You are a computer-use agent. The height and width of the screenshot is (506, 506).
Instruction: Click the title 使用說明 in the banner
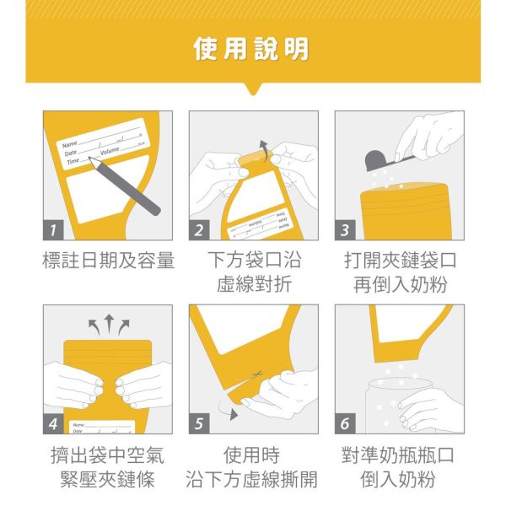point(252,49)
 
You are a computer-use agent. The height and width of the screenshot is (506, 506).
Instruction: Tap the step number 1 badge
point(54,230)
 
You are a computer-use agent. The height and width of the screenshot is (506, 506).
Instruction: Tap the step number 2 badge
point(200,230)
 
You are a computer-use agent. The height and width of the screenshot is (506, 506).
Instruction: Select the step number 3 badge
point(346,230)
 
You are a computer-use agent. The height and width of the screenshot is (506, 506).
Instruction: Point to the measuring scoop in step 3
point(384,159)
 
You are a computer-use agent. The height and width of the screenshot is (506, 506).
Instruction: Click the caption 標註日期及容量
point(108,261)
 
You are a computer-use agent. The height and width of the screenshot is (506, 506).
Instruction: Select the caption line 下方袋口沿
point(254,261)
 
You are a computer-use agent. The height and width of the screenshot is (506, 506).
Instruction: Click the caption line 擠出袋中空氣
point(108,456)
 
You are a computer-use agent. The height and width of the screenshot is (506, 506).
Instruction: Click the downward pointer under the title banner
point(252,89)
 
